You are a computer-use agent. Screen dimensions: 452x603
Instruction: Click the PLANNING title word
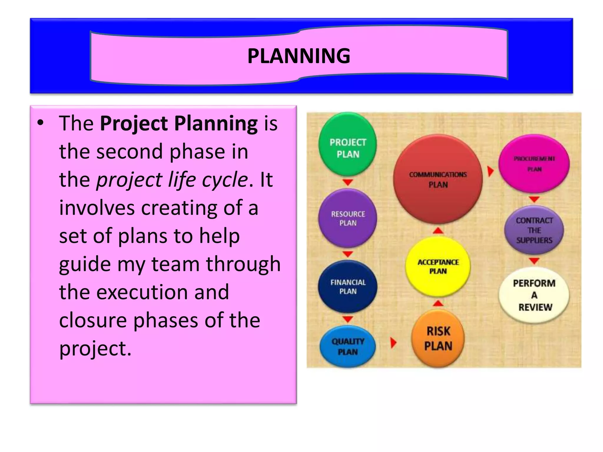pyautogui.click(x=299, y=56)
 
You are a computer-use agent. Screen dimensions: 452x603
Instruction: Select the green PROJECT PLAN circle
pyautogui.click(x=348, y=144)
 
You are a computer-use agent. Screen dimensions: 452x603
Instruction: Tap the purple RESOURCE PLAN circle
pyautogui.click(x=348, y=218)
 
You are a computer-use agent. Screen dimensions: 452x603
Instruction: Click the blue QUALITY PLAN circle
pyautogui.click(x=348, y=346)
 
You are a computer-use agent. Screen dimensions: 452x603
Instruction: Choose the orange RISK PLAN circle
pyautogui.click(x=438, y=338)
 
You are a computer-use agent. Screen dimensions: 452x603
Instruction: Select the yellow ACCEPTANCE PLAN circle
pyautogui.click(x=438, y=266)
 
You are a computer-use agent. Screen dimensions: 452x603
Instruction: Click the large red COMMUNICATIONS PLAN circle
pyautogui.click(x=438, y=179)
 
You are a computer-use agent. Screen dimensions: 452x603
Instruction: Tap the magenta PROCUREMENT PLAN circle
pyautogui.click(x=534, y=164)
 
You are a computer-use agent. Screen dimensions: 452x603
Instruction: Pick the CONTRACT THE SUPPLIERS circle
pyautogui.click(x=534, y=230)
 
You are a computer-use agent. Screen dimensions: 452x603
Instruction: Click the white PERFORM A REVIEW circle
pyautogui.click(x=534, y=295)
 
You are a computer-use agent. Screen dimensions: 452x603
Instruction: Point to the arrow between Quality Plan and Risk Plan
pyautogui.click(x=393, y=343)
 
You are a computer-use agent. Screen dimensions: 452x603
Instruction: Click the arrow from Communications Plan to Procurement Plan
pyautogui.click(x=490, y=171)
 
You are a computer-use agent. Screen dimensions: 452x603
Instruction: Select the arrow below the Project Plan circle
pyautogui.click(x=348, y=182)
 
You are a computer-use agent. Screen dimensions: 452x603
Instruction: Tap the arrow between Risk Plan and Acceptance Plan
pyautogui.click(x=438, y=303)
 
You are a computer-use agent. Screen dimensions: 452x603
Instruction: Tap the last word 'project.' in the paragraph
pyautogui.click(x=95, y=348)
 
